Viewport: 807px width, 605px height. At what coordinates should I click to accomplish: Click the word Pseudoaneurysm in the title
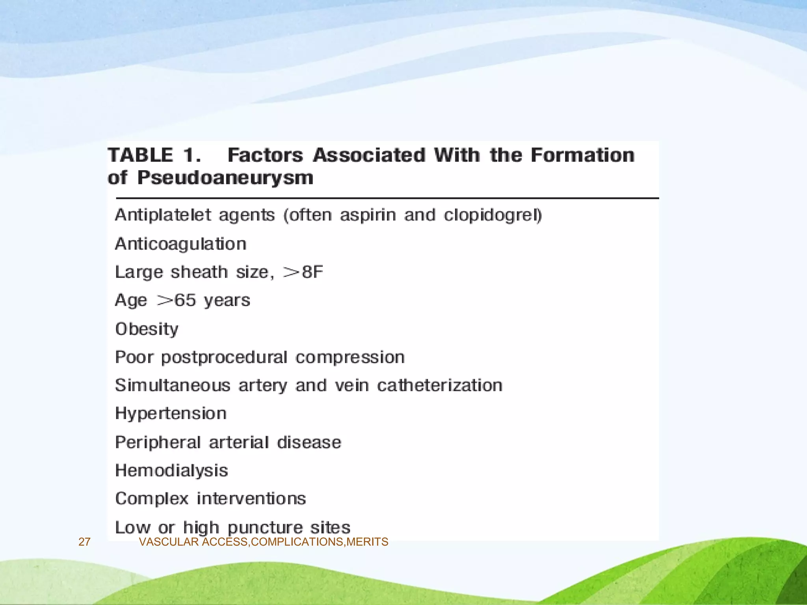(225, 178)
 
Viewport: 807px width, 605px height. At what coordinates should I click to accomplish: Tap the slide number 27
(84, 542)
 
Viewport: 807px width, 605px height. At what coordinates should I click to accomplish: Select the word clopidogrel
(493, 215)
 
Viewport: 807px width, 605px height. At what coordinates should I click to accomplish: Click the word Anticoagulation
(181, 244)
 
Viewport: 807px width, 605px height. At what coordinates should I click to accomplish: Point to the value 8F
(312, 272)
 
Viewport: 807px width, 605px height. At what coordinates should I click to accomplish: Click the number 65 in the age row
(185, 301)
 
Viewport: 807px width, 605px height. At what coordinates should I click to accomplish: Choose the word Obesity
(147, 329)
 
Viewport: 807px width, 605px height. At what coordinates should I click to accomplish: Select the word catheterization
(440, 386)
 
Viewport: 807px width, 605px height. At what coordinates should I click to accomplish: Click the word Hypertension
(171, 414)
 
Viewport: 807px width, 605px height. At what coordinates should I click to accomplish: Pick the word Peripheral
(158, 443)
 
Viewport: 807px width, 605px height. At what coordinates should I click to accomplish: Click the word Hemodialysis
(172, 471)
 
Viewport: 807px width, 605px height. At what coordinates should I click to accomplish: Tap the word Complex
(152, 499)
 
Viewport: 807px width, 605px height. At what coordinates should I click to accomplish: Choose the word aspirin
(368, 215)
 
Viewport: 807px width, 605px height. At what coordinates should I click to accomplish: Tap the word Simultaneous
(173, 386)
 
